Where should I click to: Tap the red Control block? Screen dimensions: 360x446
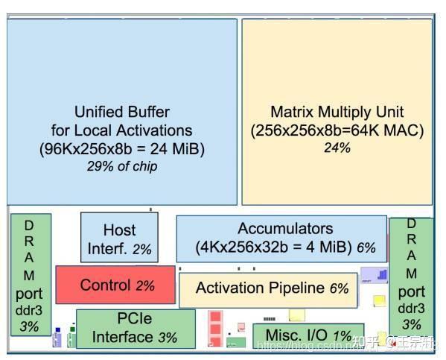[x=115, y=284]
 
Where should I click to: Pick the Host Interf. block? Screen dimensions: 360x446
[x=119, y=238]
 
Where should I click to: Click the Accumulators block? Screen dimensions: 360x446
[x=281, y=238]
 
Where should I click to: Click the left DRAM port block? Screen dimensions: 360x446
[x=31, y=274]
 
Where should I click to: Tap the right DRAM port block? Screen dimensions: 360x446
[x=411, y=274]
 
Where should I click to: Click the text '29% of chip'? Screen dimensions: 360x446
[x=122, y=166]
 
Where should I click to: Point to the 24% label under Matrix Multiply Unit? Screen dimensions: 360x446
[x=337, y=148]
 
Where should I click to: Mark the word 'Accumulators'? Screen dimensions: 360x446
[x=285, y=229]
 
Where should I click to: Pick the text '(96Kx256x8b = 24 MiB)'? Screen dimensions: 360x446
[x=122, y=148]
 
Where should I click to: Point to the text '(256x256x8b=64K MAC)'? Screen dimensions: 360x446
[x=337, y=130]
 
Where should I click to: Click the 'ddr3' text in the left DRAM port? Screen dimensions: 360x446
[x=29, y=309]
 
